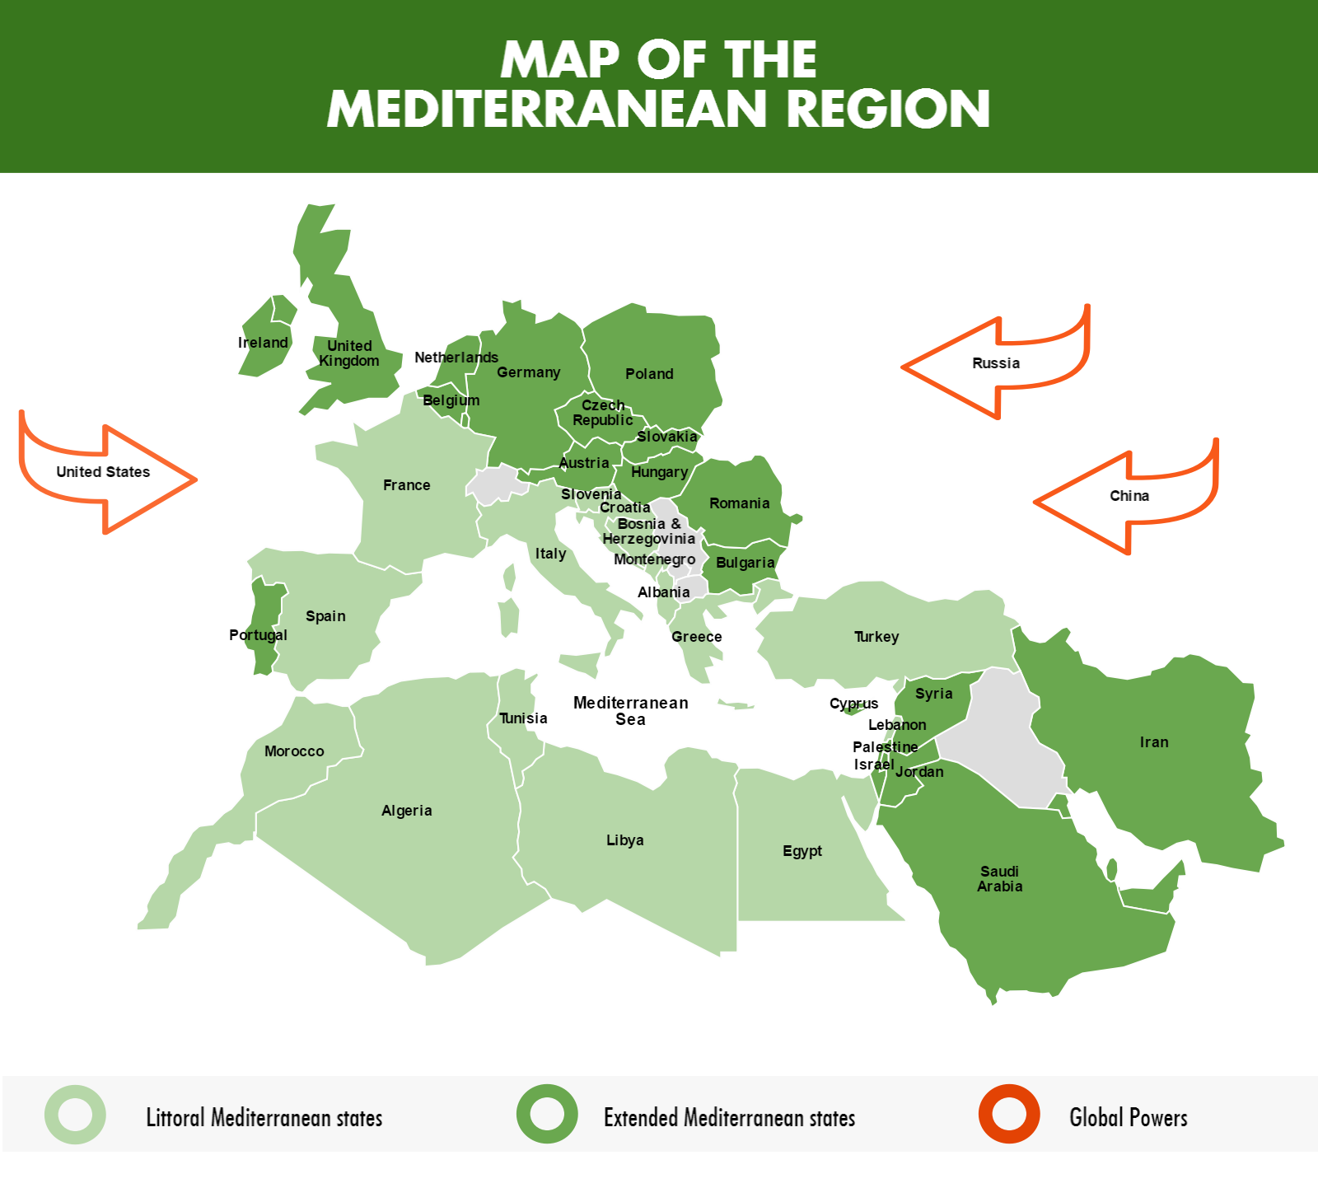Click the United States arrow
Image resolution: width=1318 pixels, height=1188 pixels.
104,472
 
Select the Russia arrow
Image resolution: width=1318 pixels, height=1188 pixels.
995,363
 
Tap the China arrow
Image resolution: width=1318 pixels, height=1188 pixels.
1129,496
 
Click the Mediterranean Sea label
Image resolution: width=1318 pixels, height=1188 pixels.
630,711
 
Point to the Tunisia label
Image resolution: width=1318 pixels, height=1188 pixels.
523,718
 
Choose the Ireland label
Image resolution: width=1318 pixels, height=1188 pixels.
263,343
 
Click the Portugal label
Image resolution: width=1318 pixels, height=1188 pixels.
258,635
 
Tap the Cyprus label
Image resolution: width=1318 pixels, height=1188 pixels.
853,704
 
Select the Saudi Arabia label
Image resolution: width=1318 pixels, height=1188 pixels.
999,879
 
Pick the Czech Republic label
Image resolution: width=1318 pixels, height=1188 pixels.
603,413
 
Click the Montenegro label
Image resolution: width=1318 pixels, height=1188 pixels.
654,559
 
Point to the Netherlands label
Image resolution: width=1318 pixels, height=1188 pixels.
456,358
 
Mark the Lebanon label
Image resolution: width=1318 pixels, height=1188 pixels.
897,725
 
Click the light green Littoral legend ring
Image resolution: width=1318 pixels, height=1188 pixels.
75,1115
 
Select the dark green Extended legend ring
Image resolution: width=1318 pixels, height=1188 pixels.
547,1115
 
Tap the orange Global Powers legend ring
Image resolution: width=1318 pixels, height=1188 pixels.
1009,1115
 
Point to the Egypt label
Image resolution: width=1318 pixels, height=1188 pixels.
802,851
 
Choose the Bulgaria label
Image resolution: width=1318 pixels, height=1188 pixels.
745,563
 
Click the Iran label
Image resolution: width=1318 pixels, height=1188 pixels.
1153,742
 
